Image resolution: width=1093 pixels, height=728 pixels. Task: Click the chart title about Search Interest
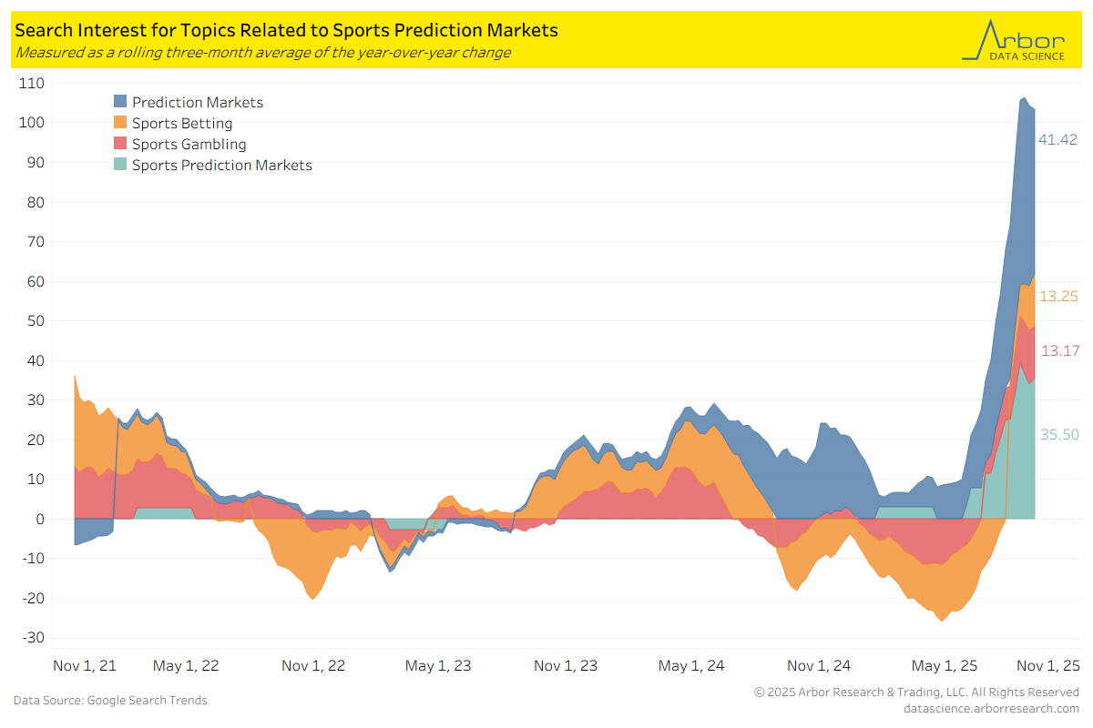coord(286,30)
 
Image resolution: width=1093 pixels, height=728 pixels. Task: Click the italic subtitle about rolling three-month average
coord(262,53)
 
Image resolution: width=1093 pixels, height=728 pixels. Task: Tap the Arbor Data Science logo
coord(1013,41)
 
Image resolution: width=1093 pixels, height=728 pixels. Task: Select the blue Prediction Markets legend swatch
coord(120,102)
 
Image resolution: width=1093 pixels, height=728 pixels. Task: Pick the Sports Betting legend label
coord(182,123)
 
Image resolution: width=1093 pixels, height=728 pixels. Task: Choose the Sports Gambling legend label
coord(189,144)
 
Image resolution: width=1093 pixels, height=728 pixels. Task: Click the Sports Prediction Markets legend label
coord(221,165)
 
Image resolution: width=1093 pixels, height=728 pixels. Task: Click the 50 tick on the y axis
coord(36,321)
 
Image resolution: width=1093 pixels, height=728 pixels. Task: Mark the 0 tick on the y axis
coord(40,519)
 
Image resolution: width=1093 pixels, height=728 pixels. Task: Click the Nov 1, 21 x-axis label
coord(85,666)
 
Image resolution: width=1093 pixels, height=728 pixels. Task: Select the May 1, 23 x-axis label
coord(439,666)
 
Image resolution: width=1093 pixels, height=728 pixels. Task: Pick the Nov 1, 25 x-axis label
coord(1047,666)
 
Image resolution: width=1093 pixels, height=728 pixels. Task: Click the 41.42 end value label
coord(1058,140)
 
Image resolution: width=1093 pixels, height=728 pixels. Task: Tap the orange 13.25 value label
coord(1059,297)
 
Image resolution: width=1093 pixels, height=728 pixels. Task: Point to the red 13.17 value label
coord(1059,350)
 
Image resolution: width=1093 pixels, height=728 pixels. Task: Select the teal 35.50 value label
coord(1059,435)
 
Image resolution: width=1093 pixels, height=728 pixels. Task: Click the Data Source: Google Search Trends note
coord(110,701)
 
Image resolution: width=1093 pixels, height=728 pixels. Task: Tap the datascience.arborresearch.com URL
coord(991,708)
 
